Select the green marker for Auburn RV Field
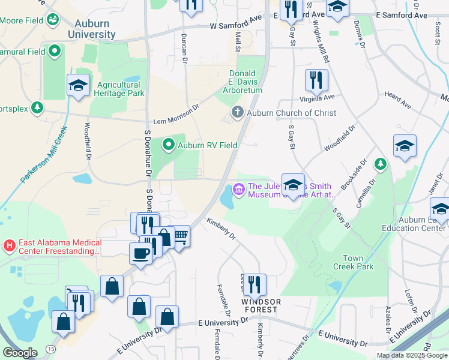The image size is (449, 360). (x=169, y=145)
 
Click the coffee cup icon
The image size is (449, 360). (x=140, y=252)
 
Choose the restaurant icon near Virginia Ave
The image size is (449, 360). (x=316, y=80)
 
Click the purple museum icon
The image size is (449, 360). (x=239, y=190)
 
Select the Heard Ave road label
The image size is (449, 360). (x=398, y=100)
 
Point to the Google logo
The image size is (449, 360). (x=20, y=353)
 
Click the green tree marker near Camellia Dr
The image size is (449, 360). (x=380, y=163)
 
